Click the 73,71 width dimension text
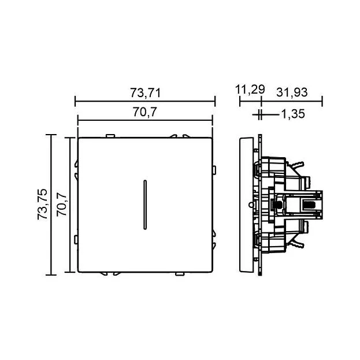tap(146, 93)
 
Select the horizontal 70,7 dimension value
tap(145, 112)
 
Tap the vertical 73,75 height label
tap(43, 204)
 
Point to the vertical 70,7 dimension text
tap(61, 205)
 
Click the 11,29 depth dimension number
tap(250, 90)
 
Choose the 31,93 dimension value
tap(292, 92)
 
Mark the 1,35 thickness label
tap(293, 114)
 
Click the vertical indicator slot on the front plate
tap(145, 205)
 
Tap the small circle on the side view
tap(251, 204)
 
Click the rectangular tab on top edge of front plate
tap(110, 136)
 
